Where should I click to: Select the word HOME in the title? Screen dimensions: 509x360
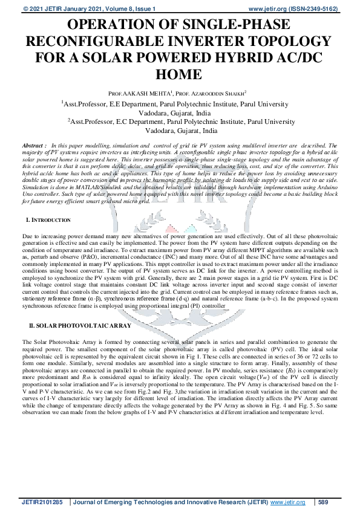pyautogui.click(x=180, y=74)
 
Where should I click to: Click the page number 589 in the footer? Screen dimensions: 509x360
pyautogui.click(x=324, y=502)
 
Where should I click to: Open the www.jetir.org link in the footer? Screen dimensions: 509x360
pyautogui.click(x=287, y=502)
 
